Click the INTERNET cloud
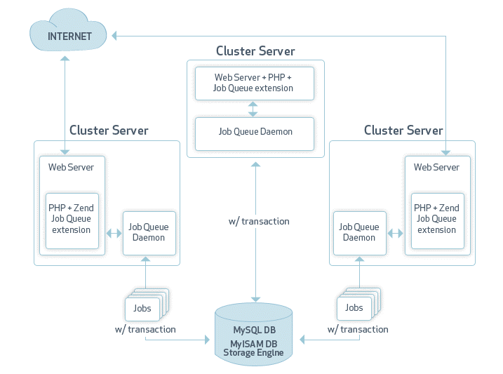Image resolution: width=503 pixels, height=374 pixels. tap(69, 36)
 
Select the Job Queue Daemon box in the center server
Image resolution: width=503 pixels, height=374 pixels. tap(255, 132)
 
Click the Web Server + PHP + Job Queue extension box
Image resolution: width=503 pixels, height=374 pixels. tap(253, 83)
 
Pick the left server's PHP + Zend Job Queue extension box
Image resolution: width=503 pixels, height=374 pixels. tap(72, 220)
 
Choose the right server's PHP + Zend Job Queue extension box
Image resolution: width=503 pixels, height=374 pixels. tap(436, 220)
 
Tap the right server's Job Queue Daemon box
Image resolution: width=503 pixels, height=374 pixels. tap(359, 232)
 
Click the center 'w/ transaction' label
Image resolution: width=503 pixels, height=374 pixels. tap(259, 221)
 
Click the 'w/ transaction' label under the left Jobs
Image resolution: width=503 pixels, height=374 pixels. tap(145, 330)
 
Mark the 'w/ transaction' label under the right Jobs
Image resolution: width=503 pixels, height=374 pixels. tap(358, 330)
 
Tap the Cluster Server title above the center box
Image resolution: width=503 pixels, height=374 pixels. tap(255, 51)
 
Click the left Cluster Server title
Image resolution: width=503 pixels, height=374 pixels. tap(109, 131)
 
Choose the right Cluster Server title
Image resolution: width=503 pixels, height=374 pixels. tap(403, 131)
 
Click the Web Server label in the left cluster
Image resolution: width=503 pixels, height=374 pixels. tap(71, 167)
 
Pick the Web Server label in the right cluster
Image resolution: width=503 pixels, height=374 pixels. tap(436, 167)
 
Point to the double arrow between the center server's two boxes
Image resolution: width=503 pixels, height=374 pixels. tap(253, 107)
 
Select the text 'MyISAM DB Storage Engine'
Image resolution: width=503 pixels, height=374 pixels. tap(253, 348)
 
